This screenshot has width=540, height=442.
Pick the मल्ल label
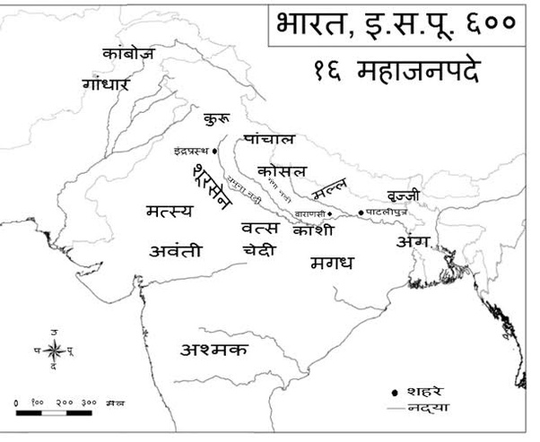[x=329, y=189]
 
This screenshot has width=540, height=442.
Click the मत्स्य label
[x=169, y=212]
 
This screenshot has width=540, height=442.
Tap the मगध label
[x=332, y=263]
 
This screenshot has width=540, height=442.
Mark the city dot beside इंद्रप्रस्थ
[x=216, y=151]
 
